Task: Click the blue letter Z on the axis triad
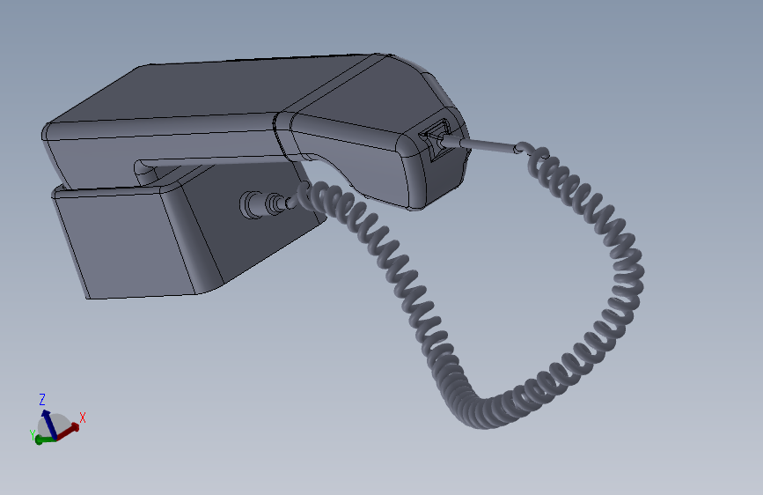coord(42,399)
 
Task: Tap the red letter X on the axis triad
coord(83,417)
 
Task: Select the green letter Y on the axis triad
coord(33,434)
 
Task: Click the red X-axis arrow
coord(70,429)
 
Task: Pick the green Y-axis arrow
coord(41,440)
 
